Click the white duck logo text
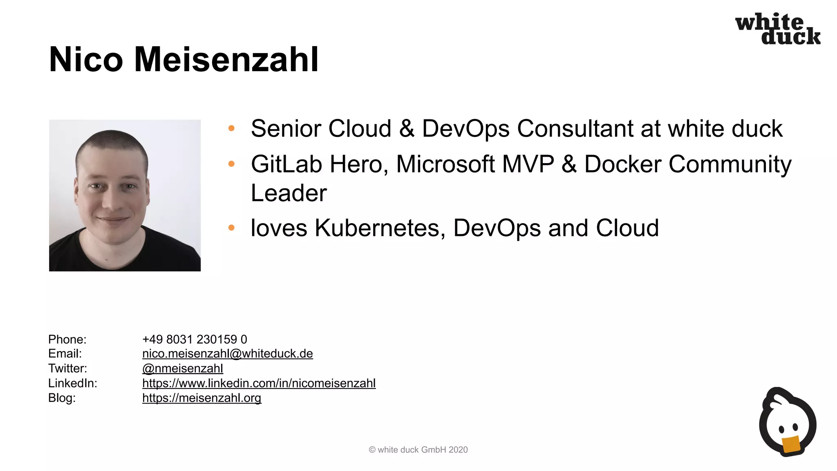tap(778, 29)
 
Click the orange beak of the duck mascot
tap(791, 444)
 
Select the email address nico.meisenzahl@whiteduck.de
tap(227, 354)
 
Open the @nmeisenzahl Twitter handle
tap(182, 368)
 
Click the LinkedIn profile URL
tap(259, 383)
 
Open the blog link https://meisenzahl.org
tap(201, 398)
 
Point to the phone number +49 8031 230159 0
tap(195, 339)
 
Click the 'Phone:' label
tap(67, 339)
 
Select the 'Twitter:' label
tap(68, 368)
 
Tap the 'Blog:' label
tap(62, 398)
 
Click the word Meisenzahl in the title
tap(226, 60)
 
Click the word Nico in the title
tap(86, 60)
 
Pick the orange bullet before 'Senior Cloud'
tap(231, 128)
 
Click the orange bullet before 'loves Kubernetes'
tap(231, 228)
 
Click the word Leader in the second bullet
tap(289, 193)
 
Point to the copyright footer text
tap(418, 450)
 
